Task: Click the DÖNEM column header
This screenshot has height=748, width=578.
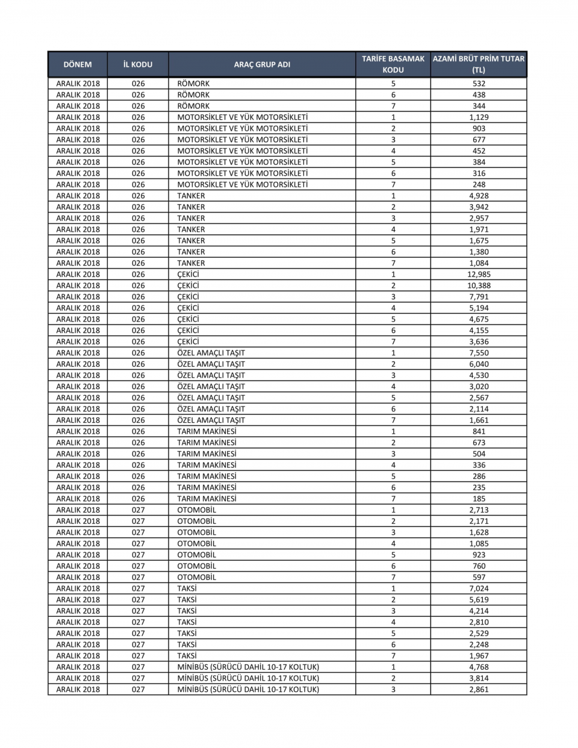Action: pyautogui.click(x=78, y=64)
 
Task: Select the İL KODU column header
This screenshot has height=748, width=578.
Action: pyautogui.click(x=138, y=64)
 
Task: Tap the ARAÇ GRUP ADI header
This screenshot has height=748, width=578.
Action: pyautogui.click(x=262, y=64)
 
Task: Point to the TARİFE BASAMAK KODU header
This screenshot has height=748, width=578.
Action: pyautogui.click(x=393, y=64)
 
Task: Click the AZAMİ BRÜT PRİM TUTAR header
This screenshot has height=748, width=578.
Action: pyautogui.click(x=479, y=64)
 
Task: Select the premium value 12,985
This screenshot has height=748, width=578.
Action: pyautogui.click(x=479, y=274)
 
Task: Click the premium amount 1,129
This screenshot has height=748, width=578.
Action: pyautogui.click(x=479, y=117)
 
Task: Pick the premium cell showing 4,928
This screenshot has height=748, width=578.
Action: pyautogui.click(x=479, y=196)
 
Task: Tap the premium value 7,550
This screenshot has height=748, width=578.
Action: pyautogui.click(x=479, y=353)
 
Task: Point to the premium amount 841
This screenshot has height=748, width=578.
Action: pyautogui.click(x=479, y=431)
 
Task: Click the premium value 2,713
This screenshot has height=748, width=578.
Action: pyautogui.click(x=479, y=510)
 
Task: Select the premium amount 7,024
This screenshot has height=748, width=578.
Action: pyautogui.click(x=479, y=588)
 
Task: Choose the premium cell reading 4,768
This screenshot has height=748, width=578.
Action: pyautogui.click(x=479, y=667)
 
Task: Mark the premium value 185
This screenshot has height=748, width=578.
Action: pyautogui.click(x=479, y=499)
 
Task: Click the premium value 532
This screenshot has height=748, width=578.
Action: pyautogui.click(x=479, y=84)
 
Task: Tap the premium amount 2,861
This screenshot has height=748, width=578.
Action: pyautogui.click(x=479, y=689)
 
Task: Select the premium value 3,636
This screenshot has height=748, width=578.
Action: pyautogui.click(x=479, y=341)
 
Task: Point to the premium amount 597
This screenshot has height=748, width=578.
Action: pyautogui.click(x=479, y=577)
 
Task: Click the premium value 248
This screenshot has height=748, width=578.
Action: pyautogui.click(x=479, y=184)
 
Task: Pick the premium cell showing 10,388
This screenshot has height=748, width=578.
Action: pyautogui.click(x=479, y=285)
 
